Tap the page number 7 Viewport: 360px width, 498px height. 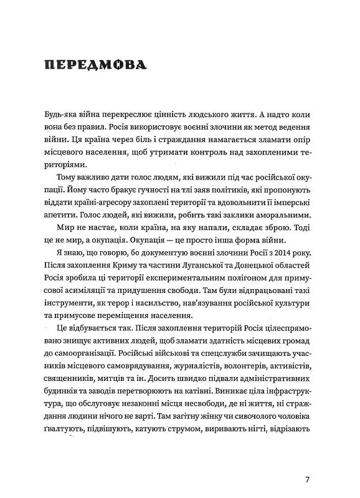tap(308, 479)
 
